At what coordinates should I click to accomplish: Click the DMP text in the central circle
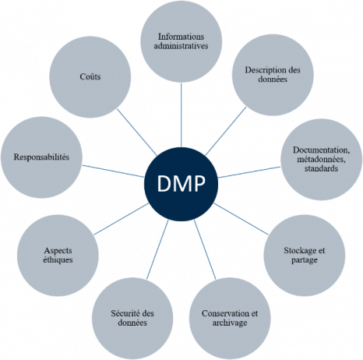(181, 184)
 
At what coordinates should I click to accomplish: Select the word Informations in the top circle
(181, 37)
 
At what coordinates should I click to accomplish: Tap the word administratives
(181, 46)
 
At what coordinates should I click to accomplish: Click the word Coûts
(90, 76)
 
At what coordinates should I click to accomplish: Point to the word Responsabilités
(41, 157)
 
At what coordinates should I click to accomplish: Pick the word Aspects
(58, 251)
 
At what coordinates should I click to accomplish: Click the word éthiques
(58, 260)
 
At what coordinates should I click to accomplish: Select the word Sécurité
(124, 313)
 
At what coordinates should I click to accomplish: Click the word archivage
(230, 323)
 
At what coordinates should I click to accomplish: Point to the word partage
(305, 260)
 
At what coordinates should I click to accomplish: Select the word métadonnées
(322, 159)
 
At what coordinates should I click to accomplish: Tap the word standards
(322, 168)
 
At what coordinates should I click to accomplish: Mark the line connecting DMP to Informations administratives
(181, 115)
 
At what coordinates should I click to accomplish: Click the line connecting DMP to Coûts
(137, 132)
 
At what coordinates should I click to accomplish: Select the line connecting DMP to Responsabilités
(113, 171)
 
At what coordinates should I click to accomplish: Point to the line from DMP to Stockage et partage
(241, 219)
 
